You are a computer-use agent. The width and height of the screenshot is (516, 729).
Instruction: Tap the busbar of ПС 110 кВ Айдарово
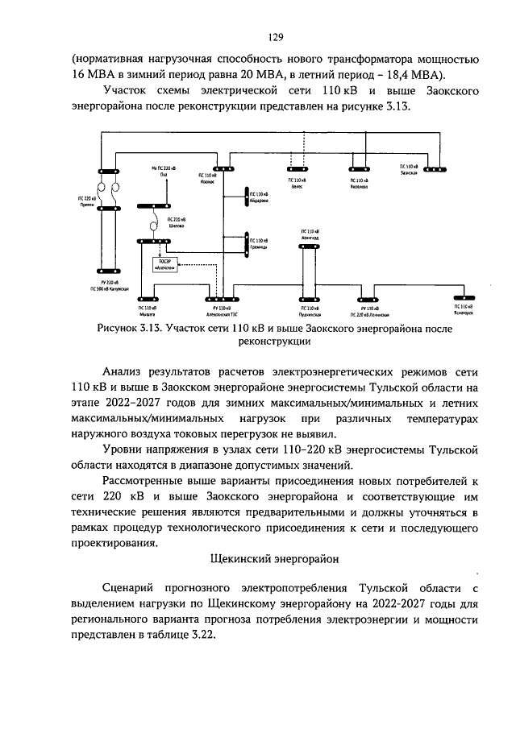point(245,197)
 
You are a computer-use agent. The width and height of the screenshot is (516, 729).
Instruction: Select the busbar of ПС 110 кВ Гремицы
point(246,241)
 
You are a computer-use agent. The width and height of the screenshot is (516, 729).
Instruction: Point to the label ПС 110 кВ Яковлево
point(360,185)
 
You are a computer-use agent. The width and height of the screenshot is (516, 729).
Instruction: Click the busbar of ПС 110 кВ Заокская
point(435,170)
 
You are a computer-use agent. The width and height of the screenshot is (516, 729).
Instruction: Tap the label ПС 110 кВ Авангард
point(310,235)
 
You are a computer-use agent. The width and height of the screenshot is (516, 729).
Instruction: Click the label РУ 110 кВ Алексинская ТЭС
point(219,311)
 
